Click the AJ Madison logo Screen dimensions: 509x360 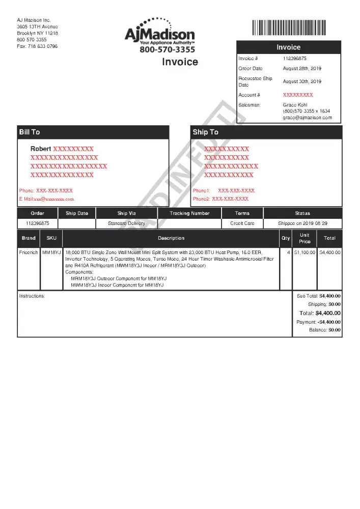[x=159, y=35]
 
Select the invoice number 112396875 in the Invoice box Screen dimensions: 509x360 [x=295, y=59]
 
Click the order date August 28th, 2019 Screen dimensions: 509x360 [x=302, y=68]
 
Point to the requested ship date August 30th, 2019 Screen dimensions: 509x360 [x=302, y=81]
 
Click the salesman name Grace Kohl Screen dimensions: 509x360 [x=295, y=105]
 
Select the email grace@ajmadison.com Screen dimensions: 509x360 [x=307, y=118]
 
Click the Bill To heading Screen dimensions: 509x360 [x=30, y=132]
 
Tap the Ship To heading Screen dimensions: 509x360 [x=205, y=132]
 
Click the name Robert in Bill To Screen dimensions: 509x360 [x=41, y=149]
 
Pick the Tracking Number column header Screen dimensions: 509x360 [x=189, y=213]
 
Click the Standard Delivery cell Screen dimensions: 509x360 [x=126, y=223]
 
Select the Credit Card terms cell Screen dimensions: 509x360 [x=242, y=223]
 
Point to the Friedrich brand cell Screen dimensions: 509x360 [x=29, y=252]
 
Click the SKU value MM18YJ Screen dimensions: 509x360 [x=51, y=252]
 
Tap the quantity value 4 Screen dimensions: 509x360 [x=288, y=252]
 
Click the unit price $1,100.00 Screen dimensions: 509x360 [x=304, y=252]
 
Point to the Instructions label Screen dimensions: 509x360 [x=32, y=296]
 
